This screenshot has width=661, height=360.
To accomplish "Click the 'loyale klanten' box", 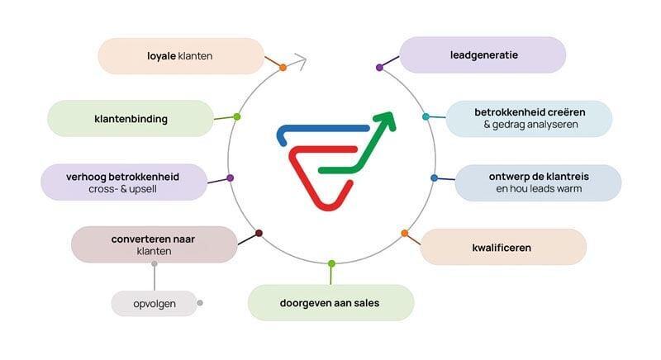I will coord(181,56).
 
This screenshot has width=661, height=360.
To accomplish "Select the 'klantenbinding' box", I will coord(131,119).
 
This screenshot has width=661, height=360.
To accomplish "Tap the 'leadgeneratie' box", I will coord(483,55).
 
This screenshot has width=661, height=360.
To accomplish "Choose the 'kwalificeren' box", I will coord(503,247).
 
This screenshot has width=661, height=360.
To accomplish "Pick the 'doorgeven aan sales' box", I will coord(330,303).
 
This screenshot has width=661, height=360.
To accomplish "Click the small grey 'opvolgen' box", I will coord(155,304).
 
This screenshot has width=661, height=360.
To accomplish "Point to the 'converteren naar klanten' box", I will coord(154,244).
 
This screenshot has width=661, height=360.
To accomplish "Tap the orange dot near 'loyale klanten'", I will coord(283,67).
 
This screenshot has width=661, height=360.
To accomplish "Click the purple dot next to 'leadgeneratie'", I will coord(379,67).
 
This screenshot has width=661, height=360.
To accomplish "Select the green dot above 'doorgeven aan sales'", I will coord(331,263).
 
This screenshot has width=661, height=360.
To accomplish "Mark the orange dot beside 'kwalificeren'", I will coord(404,234).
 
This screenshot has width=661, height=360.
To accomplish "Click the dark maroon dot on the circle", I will coord(259,234).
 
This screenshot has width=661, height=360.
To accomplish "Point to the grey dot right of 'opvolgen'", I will coord(200,303).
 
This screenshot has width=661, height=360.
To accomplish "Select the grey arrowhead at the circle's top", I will coord(301,60).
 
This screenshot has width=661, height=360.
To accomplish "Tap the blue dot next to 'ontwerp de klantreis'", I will coord(434,178).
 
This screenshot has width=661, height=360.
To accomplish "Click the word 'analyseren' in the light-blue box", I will coord(549,125).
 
